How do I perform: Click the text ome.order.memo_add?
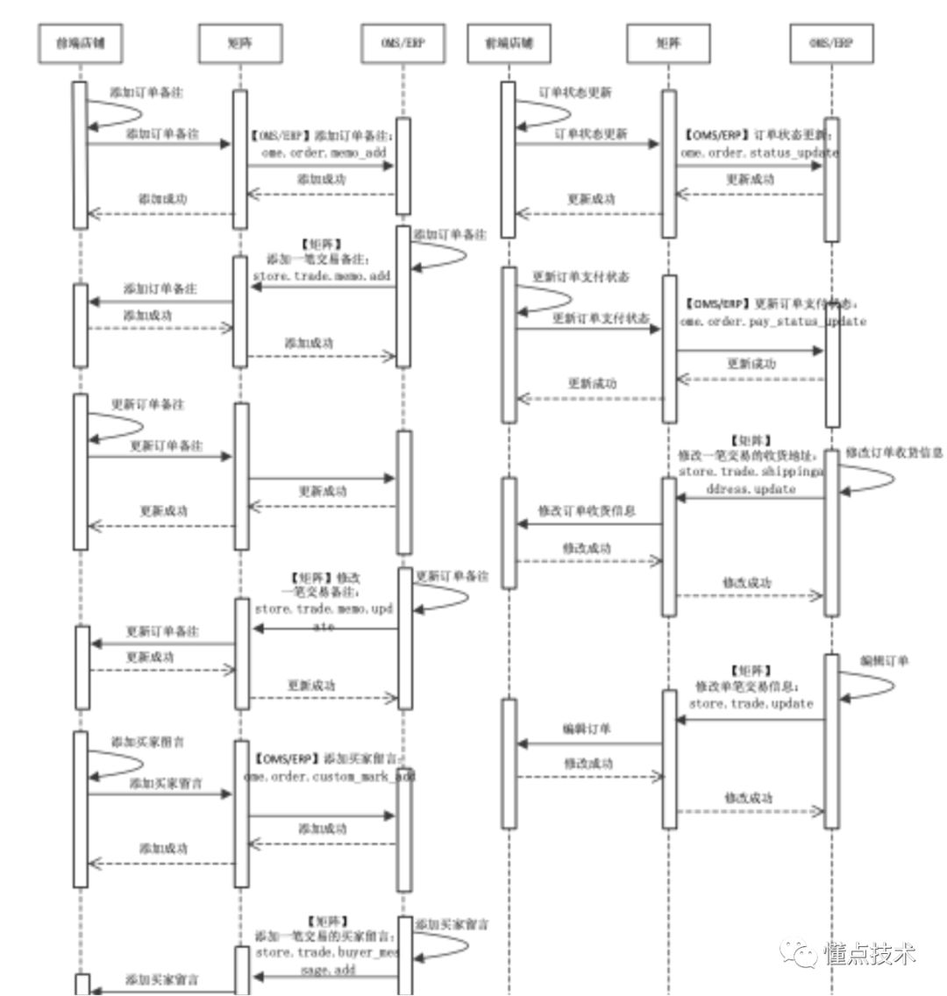tap(323, 152)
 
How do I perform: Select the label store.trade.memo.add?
tap(321, 275)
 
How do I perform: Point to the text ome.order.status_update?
tap(758, 152)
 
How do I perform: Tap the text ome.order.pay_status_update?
tap(773, 321)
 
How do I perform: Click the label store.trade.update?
tap(751, 703)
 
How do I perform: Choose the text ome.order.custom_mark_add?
tap(329, 777)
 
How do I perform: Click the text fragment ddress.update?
tap(751, 488)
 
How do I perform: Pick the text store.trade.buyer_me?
tap(327, 952)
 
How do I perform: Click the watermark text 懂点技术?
tap(869, 954)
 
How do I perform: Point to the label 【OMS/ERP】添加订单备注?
tap(322, 136)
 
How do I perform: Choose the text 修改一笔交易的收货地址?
tap(748, 456)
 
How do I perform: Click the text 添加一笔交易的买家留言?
tap(324, 936)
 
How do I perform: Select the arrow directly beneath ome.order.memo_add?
tap(321, 165)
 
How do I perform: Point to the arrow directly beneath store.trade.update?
tap(751, 720)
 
